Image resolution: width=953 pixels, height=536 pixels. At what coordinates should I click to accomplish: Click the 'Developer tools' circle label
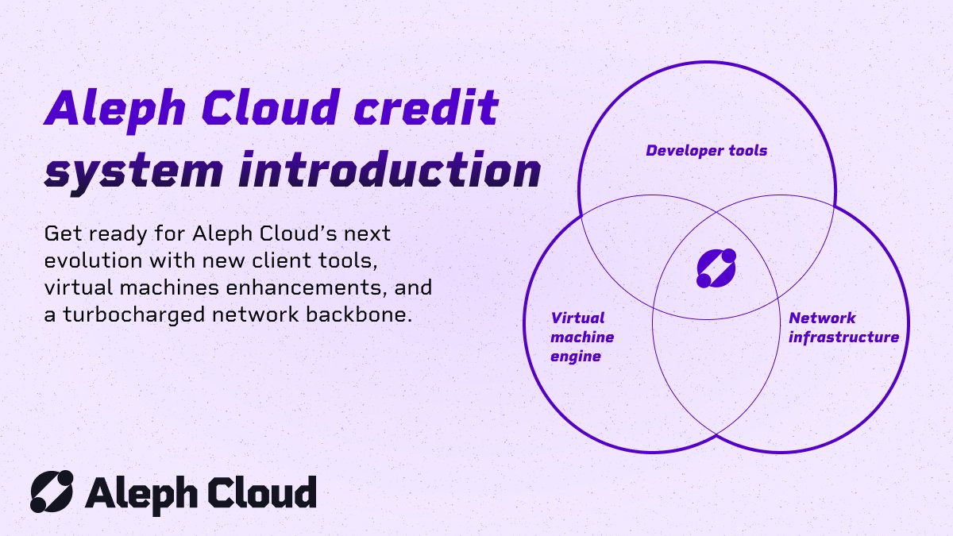point(706,150)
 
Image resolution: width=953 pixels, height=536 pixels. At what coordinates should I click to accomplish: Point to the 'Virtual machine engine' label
point(582,337)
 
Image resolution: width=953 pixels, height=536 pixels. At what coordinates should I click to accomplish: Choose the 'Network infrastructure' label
point(843,328)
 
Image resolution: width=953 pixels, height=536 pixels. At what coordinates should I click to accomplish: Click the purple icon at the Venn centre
point(716,268)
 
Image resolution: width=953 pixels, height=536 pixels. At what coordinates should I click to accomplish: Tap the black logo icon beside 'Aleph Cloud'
point(52,491)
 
